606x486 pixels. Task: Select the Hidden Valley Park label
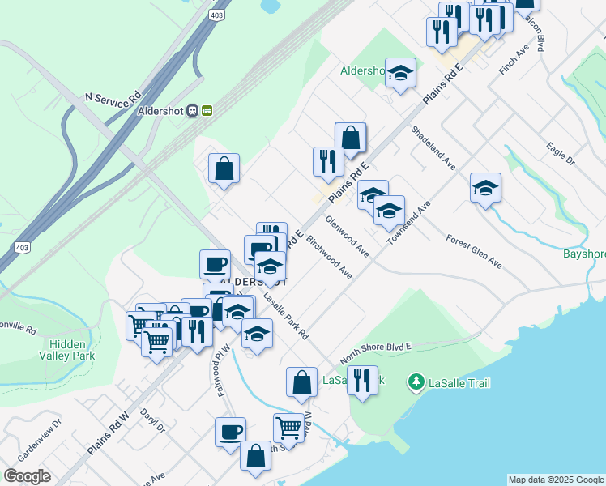click(67, 349)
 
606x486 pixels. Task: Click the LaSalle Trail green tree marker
click(416, 381)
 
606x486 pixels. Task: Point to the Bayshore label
click(584, 254)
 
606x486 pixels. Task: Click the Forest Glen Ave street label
click(474, 251)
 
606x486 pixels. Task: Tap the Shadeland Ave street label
click(432, 147)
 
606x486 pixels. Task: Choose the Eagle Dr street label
click(560, 155)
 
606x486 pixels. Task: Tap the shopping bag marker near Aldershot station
click(224, 168)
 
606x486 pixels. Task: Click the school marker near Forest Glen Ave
click(485, 188)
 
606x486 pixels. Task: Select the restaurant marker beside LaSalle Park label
click(362, 379)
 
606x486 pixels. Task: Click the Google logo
click(27, 476)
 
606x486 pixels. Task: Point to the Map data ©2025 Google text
click(556, 480)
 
